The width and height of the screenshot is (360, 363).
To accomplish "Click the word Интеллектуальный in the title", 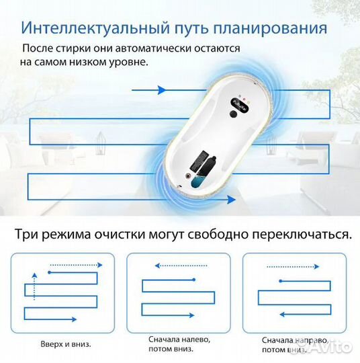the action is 95,28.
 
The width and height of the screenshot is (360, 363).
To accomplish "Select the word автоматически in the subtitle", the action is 153,48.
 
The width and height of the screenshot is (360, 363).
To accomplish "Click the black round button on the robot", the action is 234,114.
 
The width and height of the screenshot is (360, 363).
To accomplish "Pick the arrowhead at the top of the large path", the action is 162,90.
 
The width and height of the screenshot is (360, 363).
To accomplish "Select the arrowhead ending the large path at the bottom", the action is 231,200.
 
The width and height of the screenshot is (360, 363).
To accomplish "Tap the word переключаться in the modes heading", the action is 302,235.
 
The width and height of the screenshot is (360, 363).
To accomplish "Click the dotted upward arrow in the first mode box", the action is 34,286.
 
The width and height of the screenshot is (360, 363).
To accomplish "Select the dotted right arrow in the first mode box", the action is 76,265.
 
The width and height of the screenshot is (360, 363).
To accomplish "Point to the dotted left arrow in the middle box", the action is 181,266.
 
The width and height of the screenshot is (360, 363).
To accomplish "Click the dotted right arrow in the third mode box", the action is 293,267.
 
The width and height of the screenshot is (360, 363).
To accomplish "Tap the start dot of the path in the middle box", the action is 194,280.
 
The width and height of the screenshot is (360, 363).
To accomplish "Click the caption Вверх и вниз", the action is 66,344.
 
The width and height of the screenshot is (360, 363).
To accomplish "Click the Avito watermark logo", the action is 328,347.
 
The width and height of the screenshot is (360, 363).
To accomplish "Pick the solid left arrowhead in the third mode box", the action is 282,314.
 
